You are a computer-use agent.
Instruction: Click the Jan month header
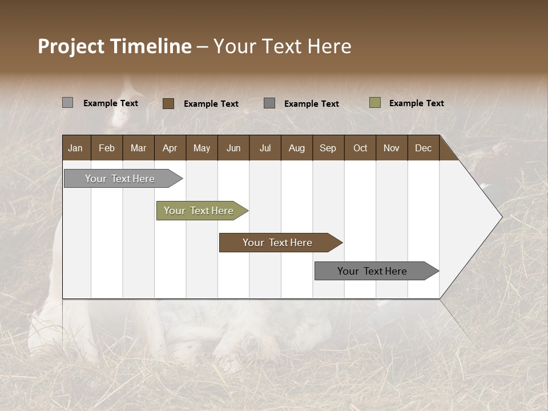click(75, 148)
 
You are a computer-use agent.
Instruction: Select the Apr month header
click(170, 148)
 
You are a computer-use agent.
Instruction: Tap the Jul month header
click(265, 148)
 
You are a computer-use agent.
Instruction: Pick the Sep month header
click(328, 148)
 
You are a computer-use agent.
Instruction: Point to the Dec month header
click(423, 148)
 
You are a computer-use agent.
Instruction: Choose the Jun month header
click(233, 148)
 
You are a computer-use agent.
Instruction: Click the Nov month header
click(391, 148)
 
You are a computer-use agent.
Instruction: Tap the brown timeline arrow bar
click(278, 243)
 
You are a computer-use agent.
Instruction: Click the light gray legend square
click(67, 103)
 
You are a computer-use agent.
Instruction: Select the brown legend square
click(168, 103)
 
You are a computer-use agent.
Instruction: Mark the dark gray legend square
click(269, 103)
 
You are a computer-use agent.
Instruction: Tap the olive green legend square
click(374, 103)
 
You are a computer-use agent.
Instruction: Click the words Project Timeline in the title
click(114, 46)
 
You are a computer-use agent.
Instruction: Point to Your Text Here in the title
click(282, 46)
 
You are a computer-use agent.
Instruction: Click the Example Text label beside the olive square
click(416, 103)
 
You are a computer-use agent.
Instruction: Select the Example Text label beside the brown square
click(211, 104)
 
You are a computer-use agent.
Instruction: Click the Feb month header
click(107, 148)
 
